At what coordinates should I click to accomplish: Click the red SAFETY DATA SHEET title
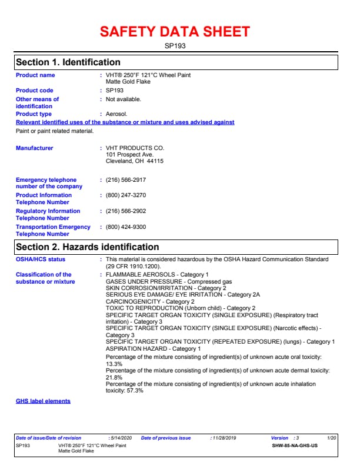coord(175,32)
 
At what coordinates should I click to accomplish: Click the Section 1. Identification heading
coord(68,62)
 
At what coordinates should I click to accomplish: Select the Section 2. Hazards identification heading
coord(87,247)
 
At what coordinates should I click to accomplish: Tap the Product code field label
coord(34,91)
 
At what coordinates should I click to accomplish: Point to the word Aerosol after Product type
coord(116,114)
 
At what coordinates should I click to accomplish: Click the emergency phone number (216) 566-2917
coord(126,180)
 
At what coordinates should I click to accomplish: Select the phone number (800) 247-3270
coord(126,195)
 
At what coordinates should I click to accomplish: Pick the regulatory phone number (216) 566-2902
coord(126,211)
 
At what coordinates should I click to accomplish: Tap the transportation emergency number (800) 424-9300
coord(126,227)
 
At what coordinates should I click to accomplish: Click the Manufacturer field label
coord(34,148)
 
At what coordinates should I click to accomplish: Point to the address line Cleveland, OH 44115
coord(135,161)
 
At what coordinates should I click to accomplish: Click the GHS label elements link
coord(43,401)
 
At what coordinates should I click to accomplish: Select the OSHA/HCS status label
coord(41,259)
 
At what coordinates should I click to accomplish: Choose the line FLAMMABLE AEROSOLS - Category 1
coord(157,275)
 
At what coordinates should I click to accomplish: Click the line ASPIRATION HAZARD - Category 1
coord(153,349)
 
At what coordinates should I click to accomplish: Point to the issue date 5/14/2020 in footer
coord(121,438)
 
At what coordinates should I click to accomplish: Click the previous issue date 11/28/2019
coord(224,438)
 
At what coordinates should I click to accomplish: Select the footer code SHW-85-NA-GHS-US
coord(295,446)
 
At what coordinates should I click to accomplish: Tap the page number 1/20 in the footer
coord(332,438)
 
